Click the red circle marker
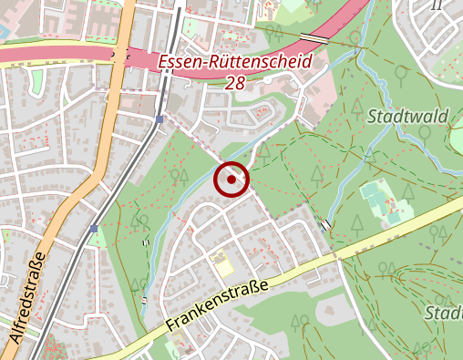point(231,180)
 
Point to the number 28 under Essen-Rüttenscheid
point(235,82)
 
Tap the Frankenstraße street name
point(219,305)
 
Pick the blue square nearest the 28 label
point(159,119)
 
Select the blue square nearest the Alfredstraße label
point(94,228)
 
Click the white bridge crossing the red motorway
point(318,39)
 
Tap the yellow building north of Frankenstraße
point(222,267)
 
